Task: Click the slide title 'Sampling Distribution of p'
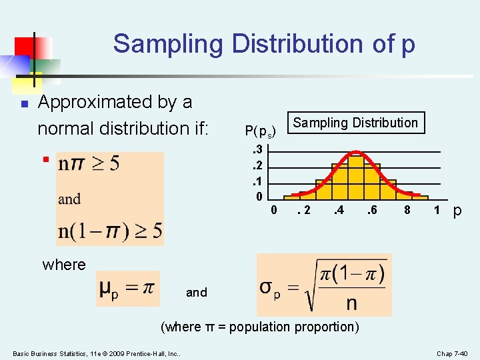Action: [x=264, y=44]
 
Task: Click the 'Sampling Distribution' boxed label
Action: [x=355, y=123]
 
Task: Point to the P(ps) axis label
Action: [x=260, y=131]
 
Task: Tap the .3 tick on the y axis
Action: [x=259, y=149]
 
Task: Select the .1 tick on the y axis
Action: [x=259, y=181]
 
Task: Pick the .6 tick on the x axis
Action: [x=371, y=211]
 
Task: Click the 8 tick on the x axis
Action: [x=407, y=211]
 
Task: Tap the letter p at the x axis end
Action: [x=457, y=211]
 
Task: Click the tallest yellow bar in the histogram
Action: [x=356, y=177]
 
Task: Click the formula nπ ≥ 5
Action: [x=89, y=164]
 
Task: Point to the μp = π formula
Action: [x=127, y=288]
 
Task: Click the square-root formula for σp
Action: [x=322, y=284]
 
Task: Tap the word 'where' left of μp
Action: [x=64, y=265]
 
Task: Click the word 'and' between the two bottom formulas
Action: [x=197, y=293]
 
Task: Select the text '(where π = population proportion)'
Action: [x=260, y=327]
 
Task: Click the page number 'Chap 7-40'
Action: [x=453, y=353]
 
